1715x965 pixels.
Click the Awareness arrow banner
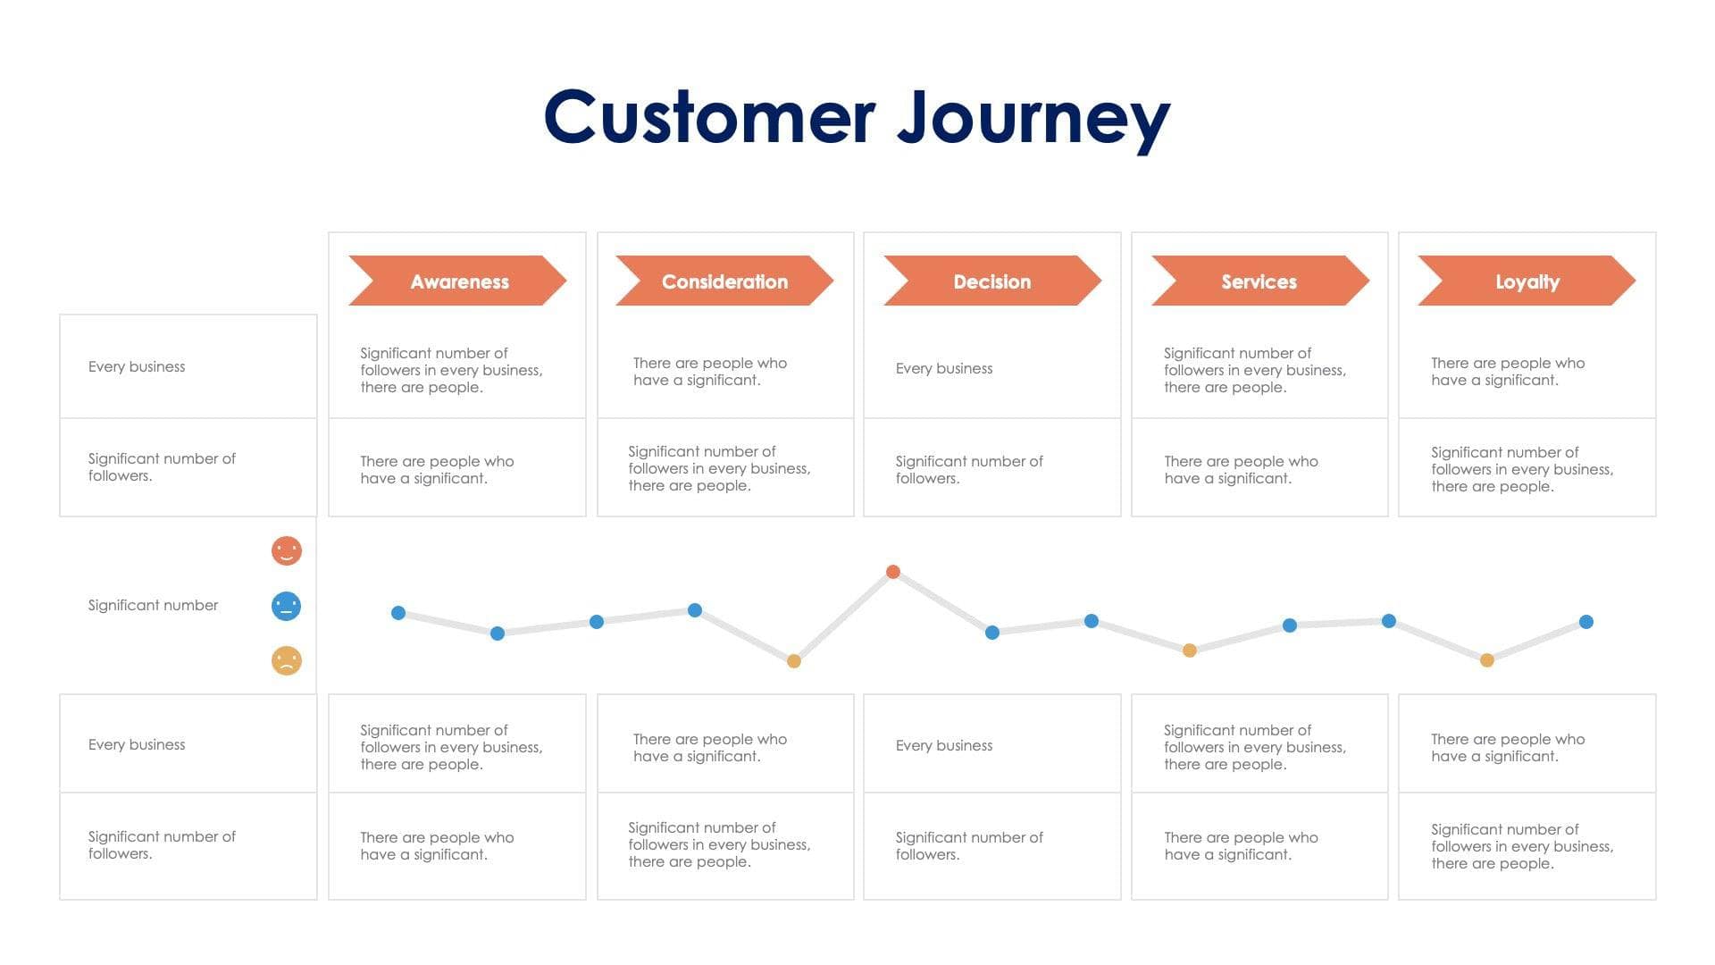[x=457, y=281]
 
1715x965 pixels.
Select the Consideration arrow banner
[x=724, y=281]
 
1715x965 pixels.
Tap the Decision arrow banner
[x=991, y=281]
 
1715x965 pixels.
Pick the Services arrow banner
[x=1259, y=281]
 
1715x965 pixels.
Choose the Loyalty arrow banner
[x=1527, y=281]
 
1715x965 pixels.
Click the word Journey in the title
[x=1033, y=118]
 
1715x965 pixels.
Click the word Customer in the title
[x=710, y=118]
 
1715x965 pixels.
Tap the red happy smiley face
[x=287, y=550]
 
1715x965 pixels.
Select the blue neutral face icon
[x=287, y=606]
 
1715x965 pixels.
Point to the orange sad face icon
[x=287, y=661]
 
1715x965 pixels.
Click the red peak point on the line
[x=893, y=572]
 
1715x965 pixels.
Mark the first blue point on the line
[x=398, y=613]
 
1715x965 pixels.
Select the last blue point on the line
[x=1586, y=622]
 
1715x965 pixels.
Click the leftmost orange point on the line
[x=794, y=661]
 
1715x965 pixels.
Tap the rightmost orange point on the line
[x=1487, y=660]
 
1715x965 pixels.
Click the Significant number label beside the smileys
[x=153, y=606]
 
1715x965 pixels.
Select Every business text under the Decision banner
[x=944, y=368]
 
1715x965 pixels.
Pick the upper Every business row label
[x=137, y=366]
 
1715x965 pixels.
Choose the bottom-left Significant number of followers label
[x=162, y=844]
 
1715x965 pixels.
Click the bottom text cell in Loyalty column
[x=1522, y=846]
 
